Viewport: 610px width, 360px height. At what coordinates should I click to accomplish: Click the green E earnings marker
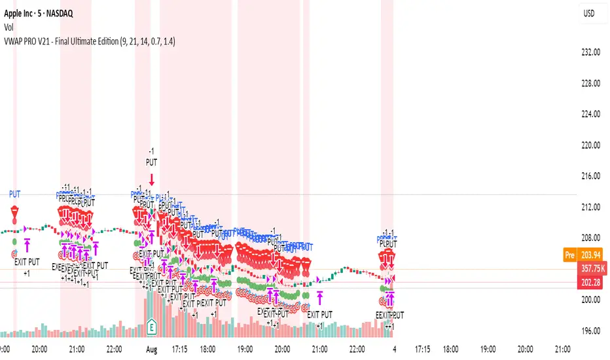click(x=152, y=325)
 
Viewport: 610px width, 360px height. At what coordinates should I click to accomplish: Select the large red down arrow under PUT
click(x=151, y=179)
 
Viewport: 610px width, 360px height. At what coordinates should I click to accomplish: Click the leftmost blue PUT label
click(x=15, y=194)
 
